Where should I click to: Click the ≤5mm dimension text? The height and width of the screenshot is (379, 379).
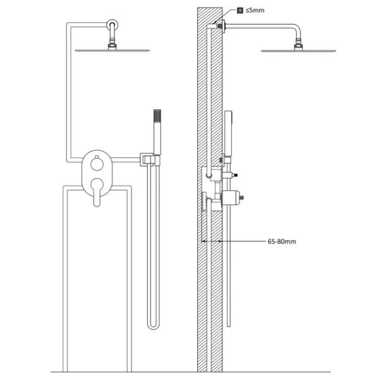point(255,10)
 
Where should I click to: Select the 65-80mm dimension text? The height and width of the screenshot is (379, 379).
point(282,241)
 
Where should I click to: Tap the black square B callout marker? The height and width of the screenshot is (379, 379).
point(240,10)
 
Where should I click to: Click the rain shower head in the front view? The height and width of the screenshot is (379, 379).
point(112,51)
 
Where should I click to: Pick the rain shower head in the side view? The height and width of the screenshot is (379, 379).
point(298,51)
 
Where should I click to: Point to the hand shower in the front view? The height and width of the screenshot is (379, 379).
point(157,132)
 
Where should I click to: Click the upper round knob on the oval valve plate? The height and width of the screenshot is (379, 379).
point(97,164)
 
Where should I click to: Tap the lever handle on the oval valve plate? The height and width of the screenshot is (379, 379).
point(97,192)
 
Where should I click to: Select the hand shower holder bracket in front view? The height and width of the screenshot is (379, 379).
point(150,160)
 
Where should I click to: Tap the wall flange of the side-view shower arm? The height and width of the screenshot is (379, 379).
point(224,27)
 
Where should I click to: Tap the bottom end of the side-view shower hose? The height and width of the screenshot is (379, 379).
point(229,326)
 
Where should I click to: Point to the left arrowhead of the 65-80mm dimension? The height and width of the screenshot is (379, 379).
point(203,241)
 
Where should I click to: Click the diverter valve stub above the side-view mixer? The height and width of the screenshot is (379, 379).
point(230,175)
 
